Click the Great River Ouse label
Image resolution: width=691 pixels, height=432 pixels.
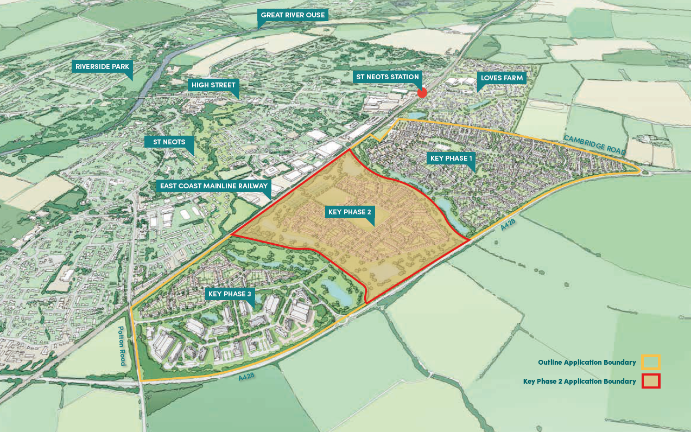[293, 15]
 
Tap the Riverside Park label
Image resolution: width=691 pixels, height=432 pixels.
[102, 67]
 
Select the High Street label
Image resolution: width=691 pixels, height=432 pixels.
[213, 85]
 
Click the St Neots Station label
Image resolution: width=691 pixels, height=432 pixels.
[388, 77]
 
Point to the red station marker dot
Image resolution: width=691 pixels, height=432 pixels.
[422, 93]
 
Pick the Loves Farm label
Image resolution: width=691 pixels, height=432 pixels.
[502, 78]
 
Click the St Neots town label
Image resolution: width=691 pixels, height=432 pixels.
[169, 142]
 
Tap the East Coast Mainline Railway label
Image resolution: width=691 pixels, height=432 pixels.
[213, 186]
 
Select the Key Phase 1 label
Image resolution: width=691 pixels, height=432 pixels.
[451, 158]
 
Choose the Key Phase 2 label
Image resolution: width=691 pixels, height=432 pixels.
[350, 212]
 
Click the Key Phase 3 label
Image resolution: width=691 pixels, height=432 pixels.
[230, 294]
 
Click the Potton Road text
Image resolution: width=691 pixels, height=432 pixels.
[123, 346]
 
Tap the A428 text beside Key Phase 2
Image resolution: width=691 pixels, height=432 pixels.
[508, 225]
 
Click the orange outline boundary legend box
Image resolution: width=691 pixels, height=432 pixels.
[650, 362]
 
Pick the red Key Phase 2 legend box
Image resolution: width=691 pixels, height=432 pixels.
[650, 381]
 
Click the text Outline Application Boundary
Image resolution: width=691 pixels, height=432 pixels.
[586, 363]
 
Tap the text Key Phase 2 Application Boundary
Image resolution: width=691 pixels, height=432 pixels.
[579, 382]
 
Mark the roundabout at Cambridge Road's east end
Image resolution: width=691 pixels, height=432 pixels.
[643, 172]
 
